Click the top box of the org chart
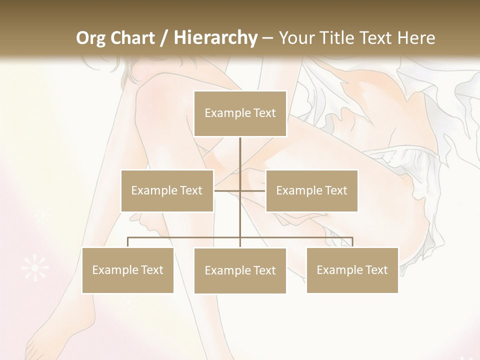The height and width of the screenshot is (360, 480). coord(240,113)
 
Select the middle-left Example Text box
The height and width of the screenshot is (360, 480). coord(167,190)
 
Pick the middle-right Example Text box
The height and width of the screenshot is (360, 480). coord(311,190)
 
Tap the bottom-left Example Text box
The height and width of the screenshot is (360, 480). coord(127,270)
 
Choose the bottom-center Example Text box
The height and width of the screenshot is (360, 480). coord(240,270)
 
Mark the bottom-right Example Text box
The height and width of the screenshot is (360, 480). coord(352,270)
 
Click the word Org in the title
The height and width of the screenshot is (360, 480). coord(90,38)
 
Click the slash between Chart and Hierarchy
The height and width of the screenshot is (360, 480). coord(164,38)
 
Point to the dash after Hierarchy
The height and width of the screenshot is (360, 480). coord(267,38)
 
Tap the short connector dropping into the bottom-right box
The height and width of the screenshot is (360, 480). coord(352,242)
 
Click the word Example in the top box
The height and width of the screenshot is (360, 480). coord(222,113)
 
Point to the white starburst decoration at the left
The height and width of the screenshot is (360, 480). coord(35,268)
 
